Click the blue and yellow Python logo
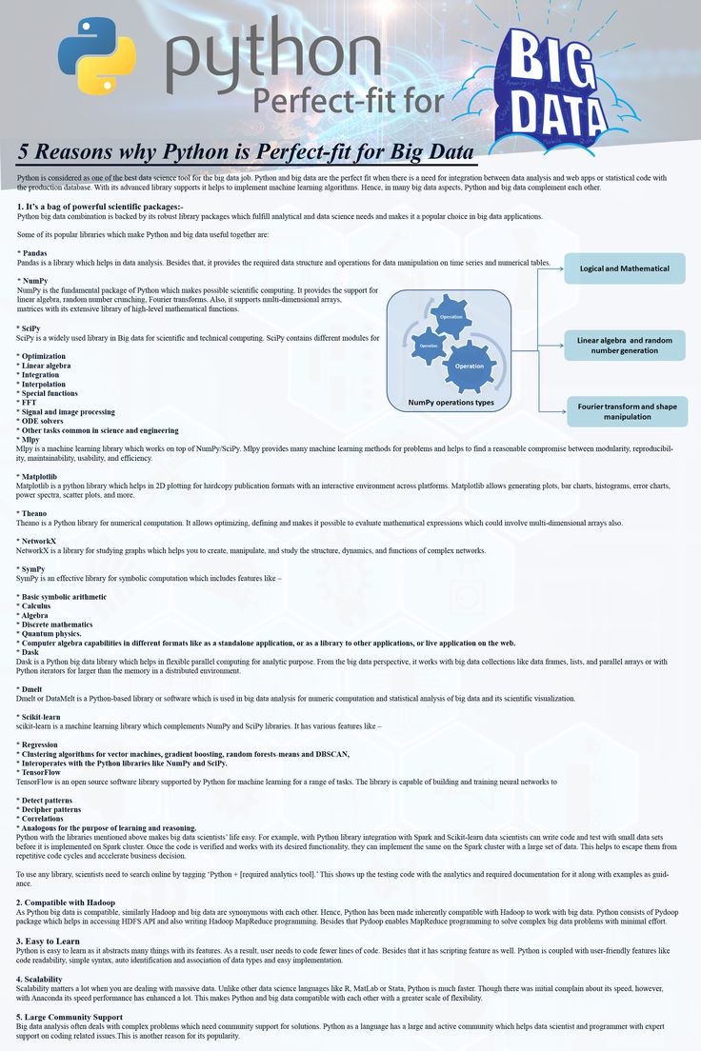point(96,55)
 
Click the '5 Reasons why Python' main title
point(246,152)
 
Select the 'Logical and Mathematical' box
point(625,268)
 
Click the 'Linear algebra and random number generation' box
point(625,345)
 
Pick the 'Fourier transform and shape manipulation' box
point(627,411)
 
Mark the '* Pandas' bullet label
point(34,253)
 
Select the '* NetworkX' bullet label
point(38,541)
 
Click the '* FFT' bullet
point(29,403)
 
